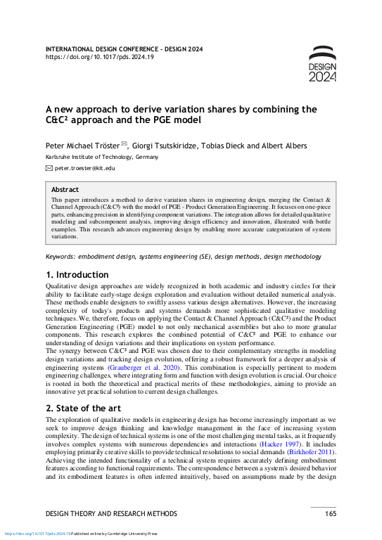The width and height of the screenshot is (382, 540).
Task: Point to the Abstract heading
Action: (x=65, y=189)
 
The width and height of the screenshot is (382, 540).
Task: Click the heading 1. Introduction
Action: (x=77, y=274)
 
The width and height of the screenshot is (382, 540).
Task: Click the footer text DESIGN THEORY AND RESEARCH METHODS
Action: (x=112, y=514)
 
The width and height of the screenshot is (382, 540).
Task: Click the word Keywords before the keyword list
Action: (x=60, y=257)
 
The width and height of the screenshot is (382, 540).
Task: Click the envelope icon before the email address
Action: (x=49, y=169)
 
